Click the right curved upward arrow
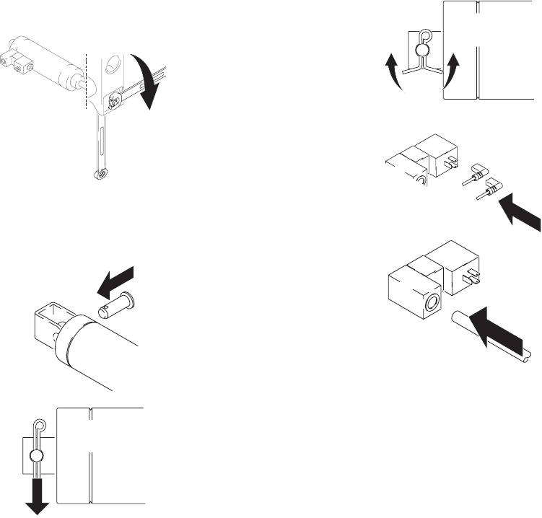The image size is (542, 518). (x=451, y=71)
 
